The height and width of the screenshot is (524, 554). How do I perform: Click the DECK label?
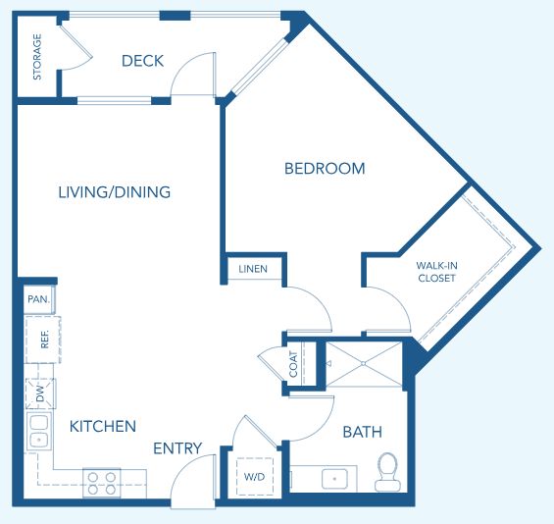[143, 61]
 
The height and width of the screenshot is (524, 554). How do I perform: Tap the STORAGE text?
[37, 57]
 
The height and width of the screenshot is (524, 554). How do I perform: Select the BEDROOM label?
[325, 169]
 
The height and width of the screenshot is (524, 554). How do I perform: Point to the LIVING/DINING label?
[115, 192]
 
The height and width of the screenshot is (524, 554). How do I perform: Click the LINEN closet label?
[253, 269]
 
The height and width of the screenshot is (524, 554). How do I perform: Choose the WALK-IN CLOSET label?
[436, 272]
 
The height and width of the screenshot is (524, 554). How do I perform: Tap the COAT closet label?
[293, 364]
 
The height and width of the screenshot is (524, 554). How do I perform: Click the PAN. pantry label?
[39, 299]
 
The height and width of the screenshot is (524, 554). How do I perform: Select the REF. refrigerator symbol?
[43, 340]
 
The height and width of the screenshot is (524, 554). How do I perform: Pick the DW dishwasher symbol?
[40, 393]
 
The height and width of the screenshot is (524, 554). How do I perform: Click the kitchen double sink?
[39, 431]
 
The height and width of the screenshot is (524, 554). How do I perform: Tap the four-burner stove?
[102, 483]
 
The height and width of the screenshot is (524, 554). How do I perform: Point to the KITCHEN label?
[103, 427]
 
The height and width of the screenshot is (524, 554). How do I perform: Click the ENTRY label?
[177, 448]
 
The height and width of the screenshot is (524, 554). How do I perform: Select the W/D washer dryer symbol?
[255, 477]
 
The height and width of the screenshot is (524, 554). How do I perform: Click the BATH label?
[363, 432]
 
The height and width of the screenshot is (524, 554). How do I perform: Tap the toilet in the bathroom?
[387, 472]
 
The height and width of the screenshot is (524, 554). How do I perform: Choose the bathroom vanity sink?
[334, 479]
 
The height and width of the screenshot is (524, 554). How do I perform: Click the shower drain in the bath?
[363, 363]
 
